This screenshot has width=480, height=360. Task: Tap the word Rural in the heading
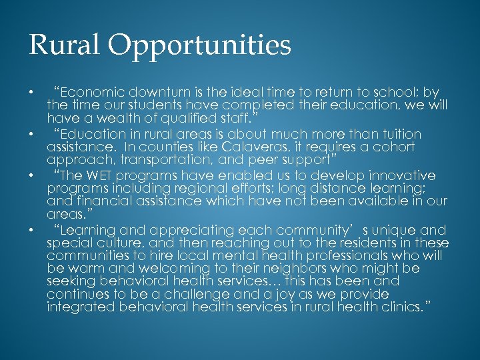(63, 45)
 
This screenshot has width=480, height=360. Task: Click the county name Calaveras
(230, 147)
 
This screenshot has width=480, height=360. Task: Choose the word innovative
(399, 175)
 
